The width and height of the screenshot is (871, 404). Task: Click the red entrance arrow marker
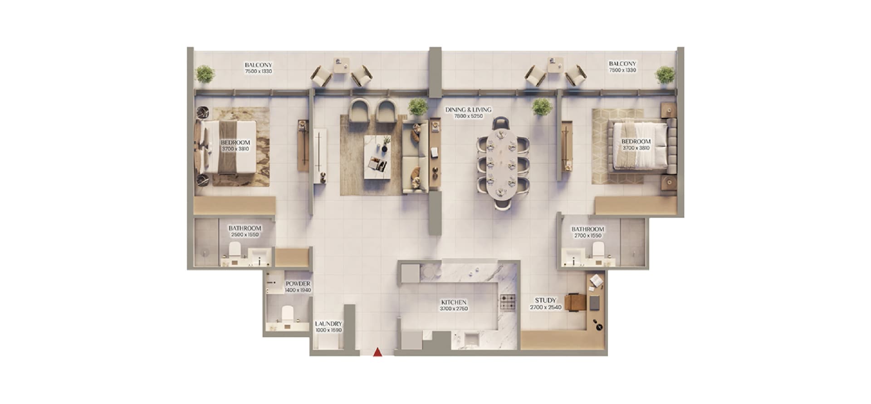(x=377, y=352)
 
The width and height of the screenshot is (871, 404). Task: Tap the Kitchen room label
(x=454, y=302)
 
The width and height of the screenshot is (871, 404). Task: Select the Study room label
(x=545, y=300)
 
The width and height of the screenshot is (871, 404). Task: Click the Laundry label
(x=328, y=324)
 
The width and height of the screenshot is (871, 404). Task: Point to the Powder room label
(x=298, y=284)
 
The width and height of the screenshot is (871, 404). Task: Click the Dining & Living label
(x=468, y=110)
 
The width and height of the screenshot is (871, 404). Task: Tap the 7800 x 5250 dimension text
(x=468, y=116)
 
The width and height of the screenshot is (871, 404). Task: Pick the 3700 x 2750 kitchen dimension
(x=454, y=309)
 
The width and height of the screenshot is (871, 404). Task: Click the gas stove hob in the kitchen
(x=508, y=302)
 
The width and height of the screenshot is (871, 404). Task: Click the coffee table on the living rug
(x=377, y=157)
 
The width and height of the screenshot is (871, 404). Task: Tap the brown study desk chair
(x=575, y=302)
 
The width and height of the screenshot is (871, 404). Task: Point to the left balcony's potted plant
(x=205, y=74)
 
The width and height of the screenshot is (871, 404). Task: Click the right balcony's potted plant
(x=665, y=75)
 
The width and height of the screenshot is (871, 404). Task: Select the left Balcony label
(x=259, y=65)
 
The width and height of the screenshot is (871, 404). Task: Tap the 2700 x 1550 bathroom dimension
(x=588, y=236)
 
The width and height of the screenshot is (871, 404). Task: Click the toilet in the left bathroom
(x=235, y=249)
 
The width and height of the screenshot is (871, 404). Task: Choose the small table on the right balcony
(x=556, y=64)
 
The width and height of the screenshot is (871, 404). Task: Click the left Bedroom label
(x=235, y=142)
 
